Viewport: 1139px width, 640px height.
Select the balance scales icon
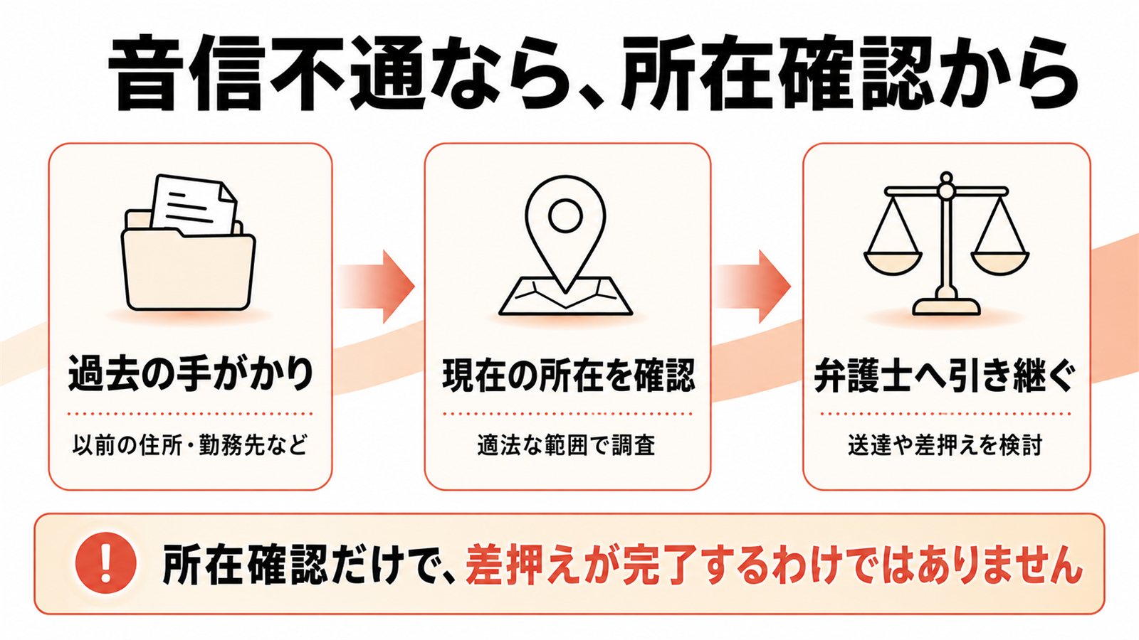click(x=946, y=244)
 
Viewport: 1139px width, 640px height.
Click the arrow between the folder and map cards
click(x=377, y=287)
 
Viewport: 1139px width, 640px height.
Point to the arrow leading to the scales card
click(x=753, y=287)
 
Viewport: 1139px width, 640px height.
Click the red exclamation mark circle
click(x=106, y=565)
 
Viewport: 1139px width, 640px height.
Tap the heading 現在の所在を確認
click(x=568, y=376)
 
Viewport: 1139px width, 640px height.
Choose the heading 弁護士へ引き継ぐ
click(x=945, y=376)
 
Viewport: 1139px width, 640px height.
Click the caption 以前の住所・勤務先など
click(x=190, y=445)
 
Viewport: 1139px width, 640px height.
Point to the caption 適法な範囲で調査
click(x=567, y=445)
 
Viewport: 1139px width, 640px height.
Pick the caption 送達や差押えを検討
click(x=945, y=445)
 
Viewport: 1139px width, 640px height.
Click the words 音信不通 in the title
click(x=266, y=73)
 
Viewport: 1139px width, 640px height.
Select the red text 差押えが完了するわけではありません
click(x=774, y=565)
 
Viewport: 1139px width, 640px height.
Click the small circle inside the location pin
click(x=565, y=215)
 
